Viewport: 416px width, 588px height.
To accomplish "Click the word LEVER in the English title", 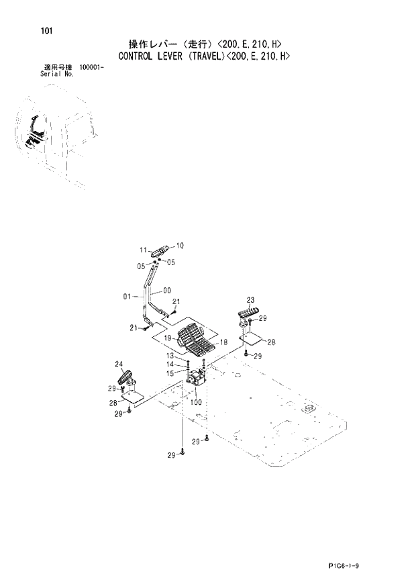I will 176,56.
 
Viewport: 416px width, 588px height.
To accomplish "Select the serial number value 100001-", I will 93,68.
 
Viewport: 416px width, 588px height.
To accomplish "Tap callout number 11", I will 144,250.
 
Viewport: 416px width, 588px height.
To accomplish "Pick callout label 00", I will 166,291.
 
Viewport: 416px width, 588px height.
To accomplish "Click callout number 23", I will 250,300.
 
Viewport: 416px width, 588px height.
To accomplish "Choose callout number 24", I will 119,364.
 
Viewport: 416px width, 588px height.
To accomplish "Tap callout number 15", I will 170,373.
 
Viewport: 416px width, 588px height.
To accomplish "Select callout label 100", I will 196,402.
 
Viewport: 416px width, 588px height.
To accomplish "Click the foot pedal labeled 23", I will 247,313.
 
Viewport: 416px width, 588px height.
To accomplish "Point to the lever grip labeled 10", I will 161,251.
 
